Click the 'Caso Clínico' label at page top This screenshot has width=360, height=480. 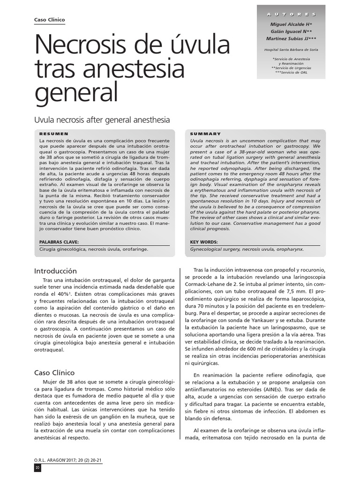(x=50, y=20)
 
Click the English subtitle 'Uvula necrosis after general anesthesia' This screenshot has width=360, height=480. (x=101, y=120)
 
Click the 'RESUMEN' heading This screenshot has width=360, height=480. (x=54, y=134)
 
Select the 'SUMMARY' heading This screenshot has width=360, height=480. (x=205, y=134)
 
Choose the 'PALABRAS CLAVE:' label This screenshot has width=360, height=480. (x=59, y=242)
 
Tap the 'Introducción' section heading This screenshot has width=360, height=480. (x=56, y=271)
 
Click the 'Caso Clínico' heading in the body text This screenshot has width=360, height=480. (x=55, y=373)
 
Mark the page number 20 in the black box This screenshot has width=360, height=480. (x=38, y=468)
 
